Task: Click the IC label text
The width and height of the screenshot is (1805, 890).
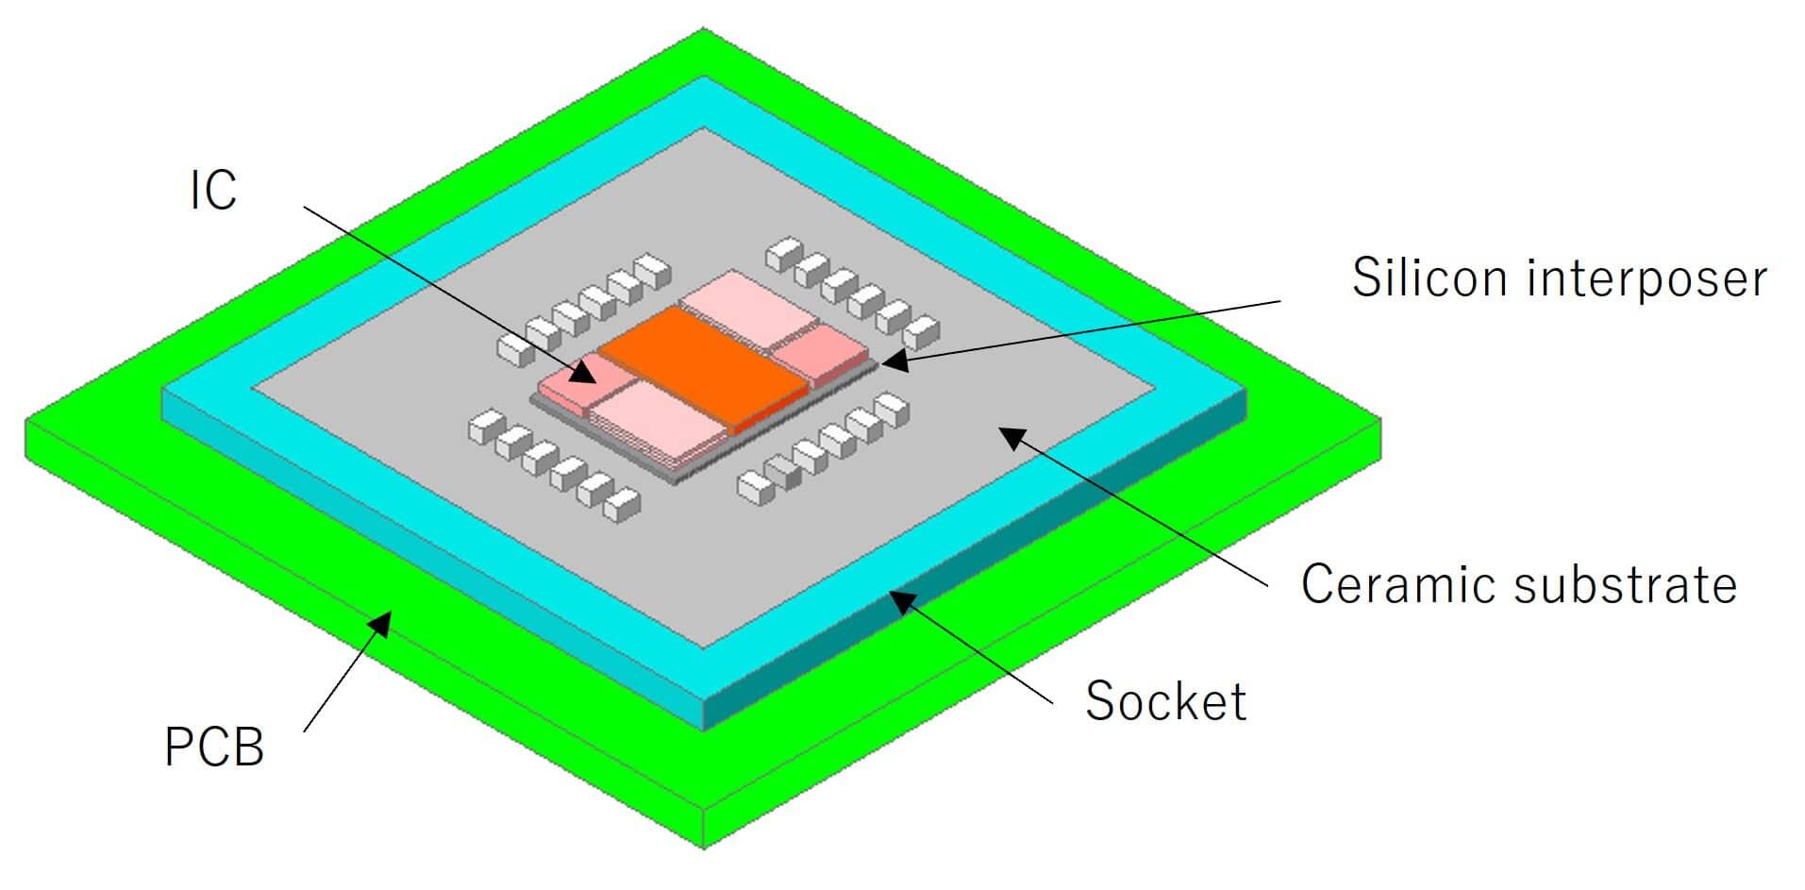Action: click(213, 191)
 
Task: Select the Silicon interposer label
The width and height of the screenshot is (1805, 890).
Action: click(1559, 277)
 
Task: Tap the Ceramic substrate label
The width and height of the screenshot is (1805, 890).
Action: click(1518, 584)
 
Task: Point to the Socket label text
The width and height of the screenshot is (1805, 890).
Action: click(1165, 701)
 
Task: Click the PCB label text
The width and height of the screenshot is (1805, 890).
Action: click(214, 747)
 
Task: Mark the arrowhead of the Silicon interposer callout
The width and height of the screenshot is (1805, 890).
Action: click(891, 360)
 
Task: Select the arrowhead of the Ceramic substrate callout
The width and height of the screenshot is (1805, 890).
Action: click(1010, 436)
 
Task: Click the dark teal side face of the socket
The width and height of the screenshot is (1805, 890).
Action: click(981, 566)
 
